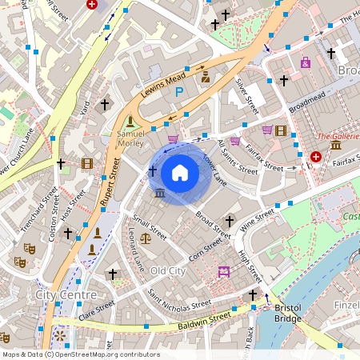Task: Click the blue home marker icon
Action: (180, 173)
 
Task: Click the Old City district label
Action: (168, 270)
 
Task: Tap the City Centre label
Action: (66, 295)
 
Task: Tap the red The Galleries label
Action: (338, 137)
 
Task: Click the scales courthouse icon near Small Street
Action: (146, 238)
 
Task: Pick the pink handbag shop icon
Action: (305, 62)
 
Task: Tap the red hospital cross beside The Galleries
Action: (316, 157)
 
